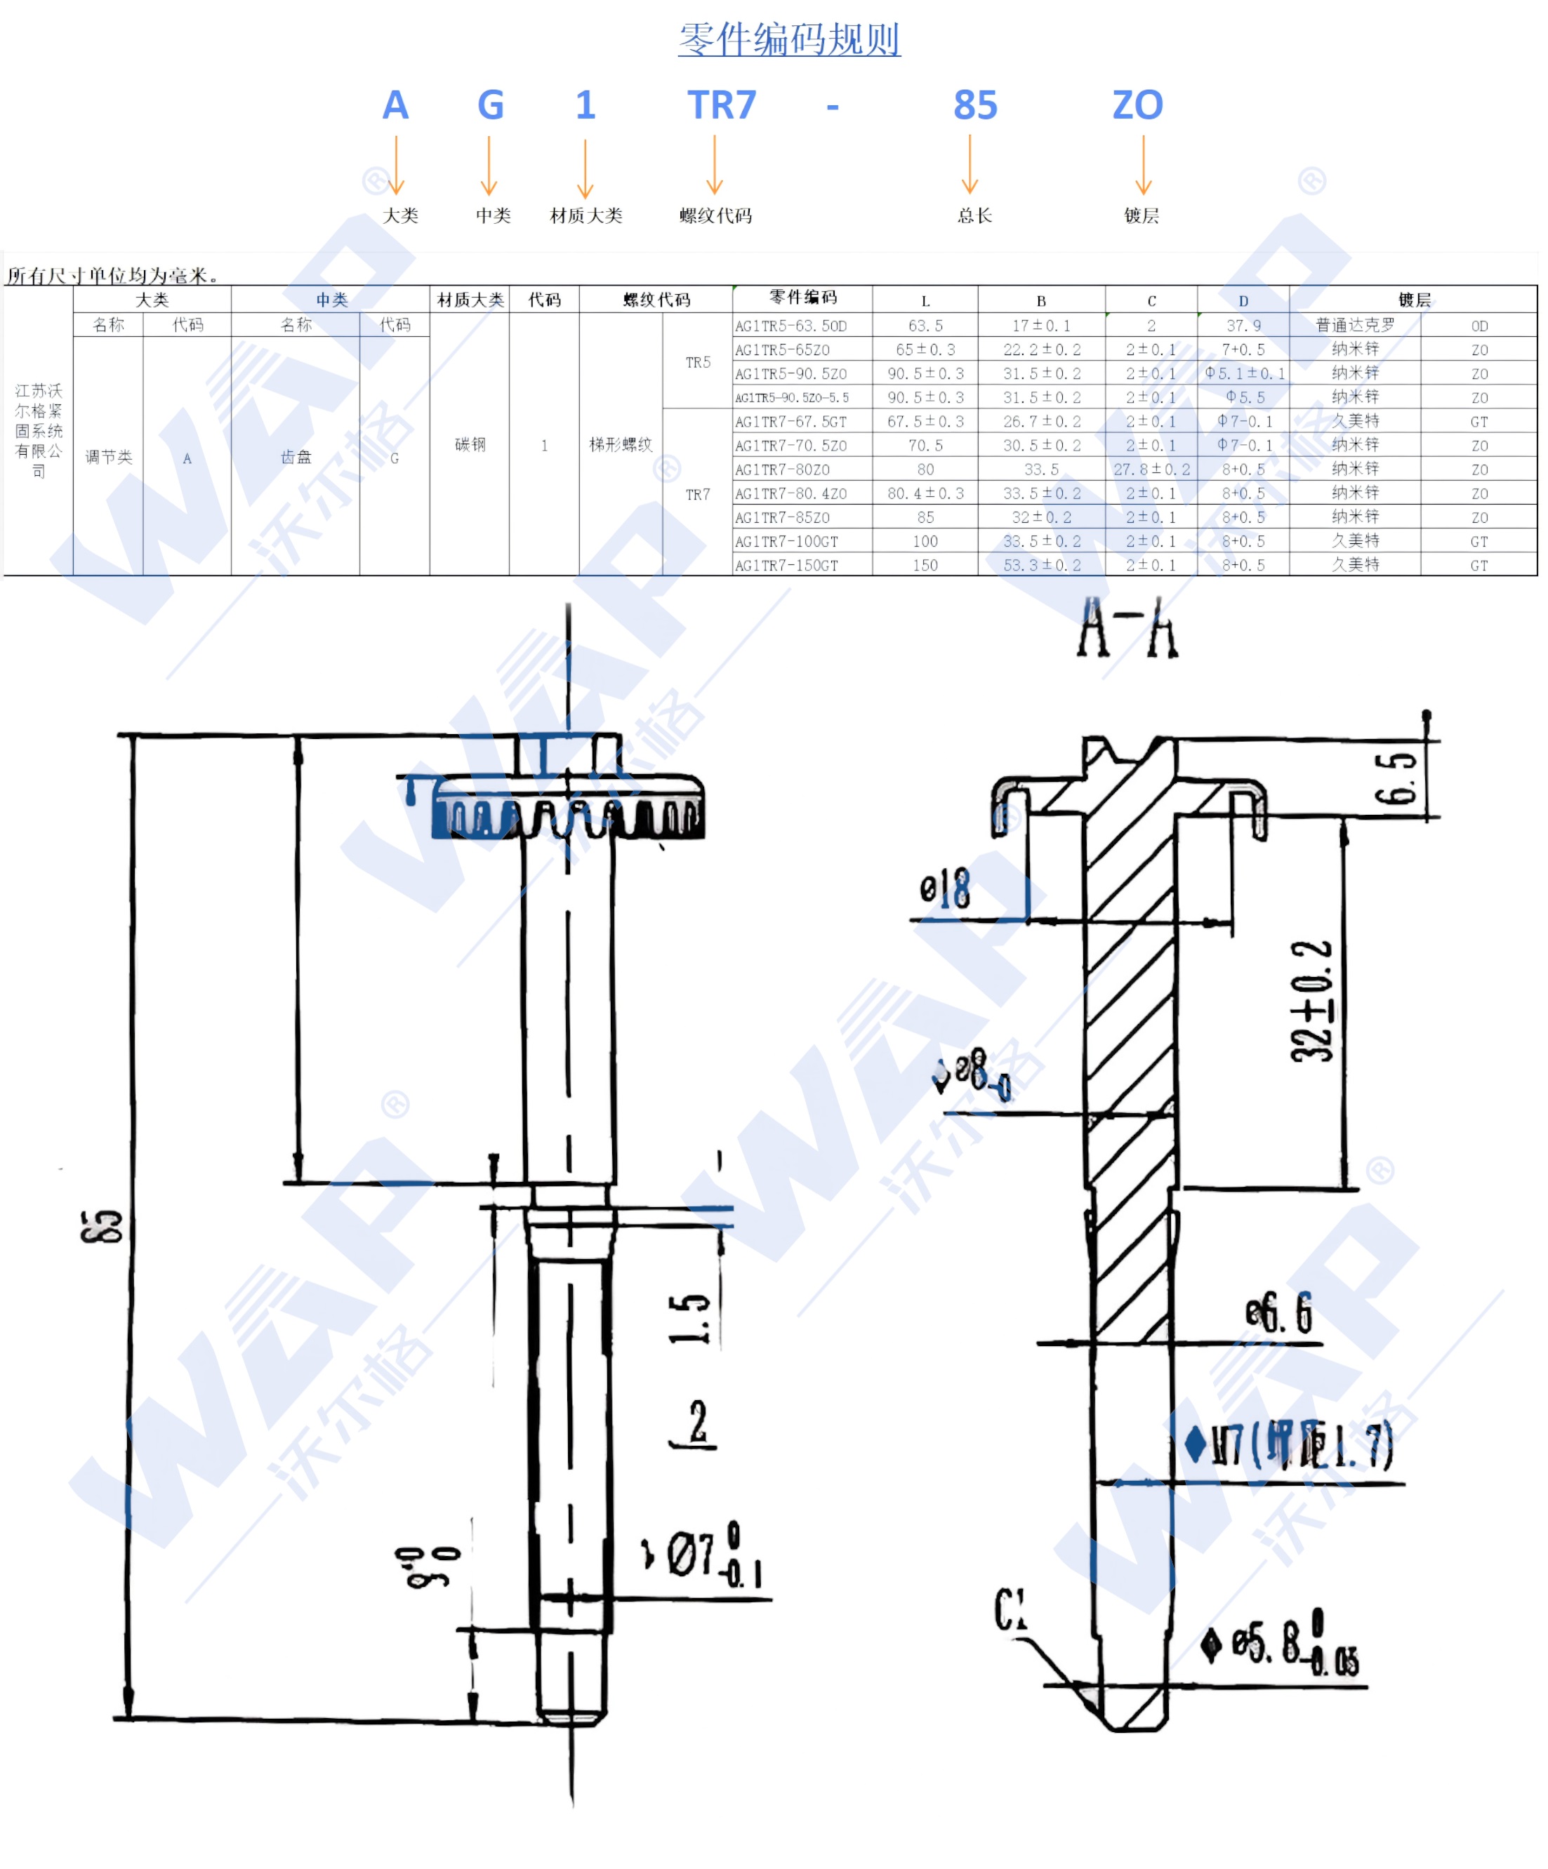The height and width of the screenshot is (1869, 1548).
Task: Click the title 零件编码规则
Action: (788, 39)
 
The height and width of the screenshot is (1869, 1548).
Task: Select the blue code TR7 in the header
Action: (721, 105)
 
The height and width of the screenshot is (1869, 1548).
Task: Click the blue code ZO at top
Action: (1137, 105)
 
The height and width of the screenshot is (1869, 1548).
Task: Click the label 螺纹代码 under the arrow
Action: (715, 215)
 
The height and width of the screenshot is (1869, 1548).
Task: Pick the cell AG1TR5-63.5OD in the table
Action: (790, 326)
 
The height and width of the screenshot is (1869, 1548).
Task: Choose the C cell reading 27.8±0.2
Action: (1150, 469)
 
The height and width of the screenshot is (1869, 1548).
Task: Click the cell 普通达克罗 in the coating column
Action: (1354, 326)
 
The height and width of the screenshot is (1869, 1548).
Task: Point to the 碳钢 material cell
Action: (469, 444)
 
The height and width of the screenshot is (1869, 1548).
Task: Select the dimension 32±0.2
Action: (1311, 1002)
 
